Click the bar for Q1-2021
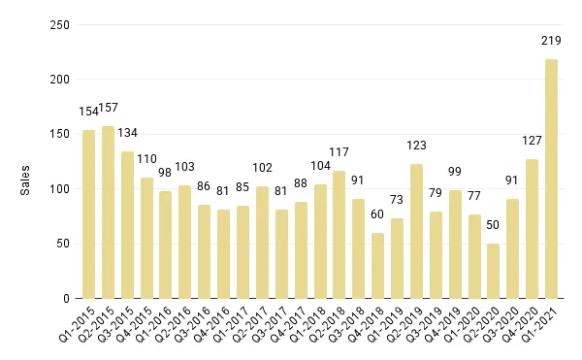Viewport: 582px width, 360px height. (551, 179)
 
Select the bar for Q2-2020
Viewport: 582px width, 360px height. (494, 271)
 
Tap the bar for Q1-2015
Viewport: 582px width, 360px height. (89, 214)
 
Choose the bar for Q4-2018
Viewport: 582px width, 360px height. (378, 266)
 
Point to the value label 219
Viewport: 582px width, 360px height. (551, 41)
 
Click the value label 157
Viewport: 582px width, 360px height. (110, 109)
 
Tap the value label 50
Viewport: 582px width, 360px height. (494, 225)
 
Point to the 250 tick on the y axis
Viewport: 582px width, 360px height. (60, 25)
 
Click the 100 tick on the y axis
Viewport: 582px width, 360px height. (60, 189)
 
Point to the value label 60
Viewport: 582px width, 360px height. (378, 214)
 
